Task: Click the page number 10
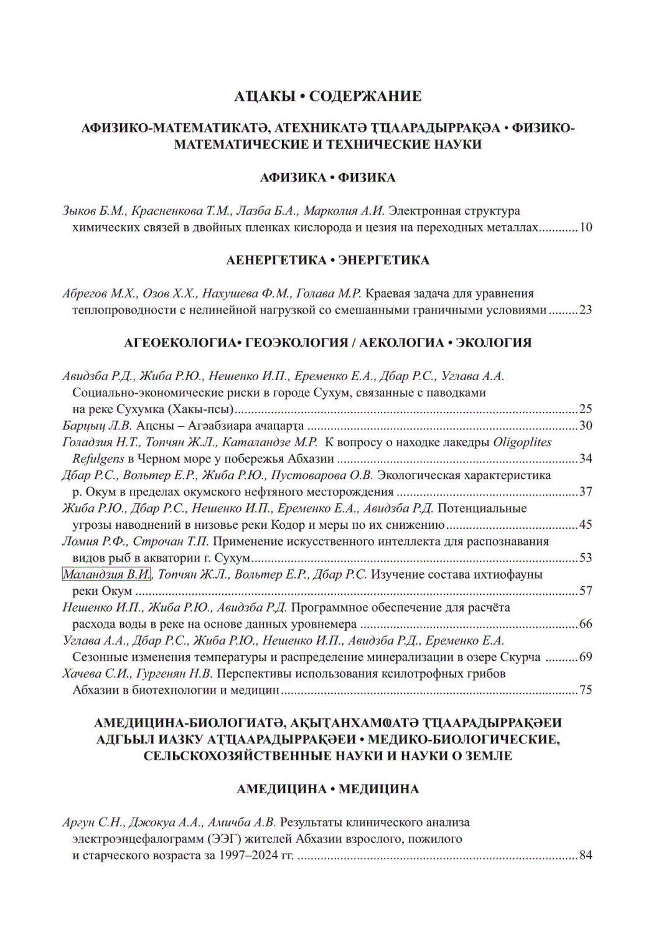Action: pyautogui.click(x=585, y=227)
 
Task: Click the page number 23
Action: pyautogui.click(x=585, y=310)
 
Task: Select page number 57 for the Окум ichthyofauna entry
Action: pyautogui.click(x=585, y=590)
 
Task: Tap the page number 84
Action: pyautogui.click(x=585, y=855)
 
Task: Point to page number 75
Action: pyautogui.click(x=585, y=689)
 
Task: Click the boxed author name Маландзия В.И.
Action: pyautogui.click(x=106, y=574)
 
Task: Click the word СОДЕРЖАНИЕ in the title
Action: pyautogui.click(x=365, y=96)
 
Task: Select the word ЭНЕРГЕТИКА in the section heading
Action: pyautogui.click(x=384, y=260)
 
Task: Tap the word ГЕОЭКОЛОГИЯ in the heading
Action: pyautogui.click(x=297, y=343)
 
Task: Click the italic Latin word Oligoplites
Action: pyautogui.click(x=522, y=442)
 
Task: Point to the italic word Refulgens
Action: pyautogui.click(x=98, y=459)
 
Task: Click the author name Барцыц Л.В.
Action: pyautogui.click(x=97, y=426)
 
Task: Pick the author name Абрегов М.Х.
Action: pyautogui.click(x=100, y=294)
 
